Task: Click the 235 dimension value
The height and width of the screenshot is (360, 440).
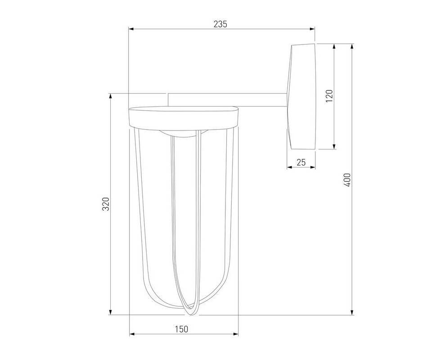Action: (x=220, y=24)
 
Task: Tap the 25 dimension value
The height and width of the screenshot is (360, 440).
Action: (x=301, y=162)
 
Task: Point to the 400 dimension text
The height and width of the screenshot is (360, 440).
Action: (x=347, y=180)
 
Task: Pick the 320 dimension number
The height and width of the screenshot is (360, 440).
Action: (x=106, y=204)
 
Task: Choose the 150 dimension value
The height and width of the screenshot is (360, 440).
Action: (x=182, y=329)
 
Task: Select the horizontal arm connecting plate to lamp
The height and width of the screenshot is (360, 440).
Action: (x=227, y=100)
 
